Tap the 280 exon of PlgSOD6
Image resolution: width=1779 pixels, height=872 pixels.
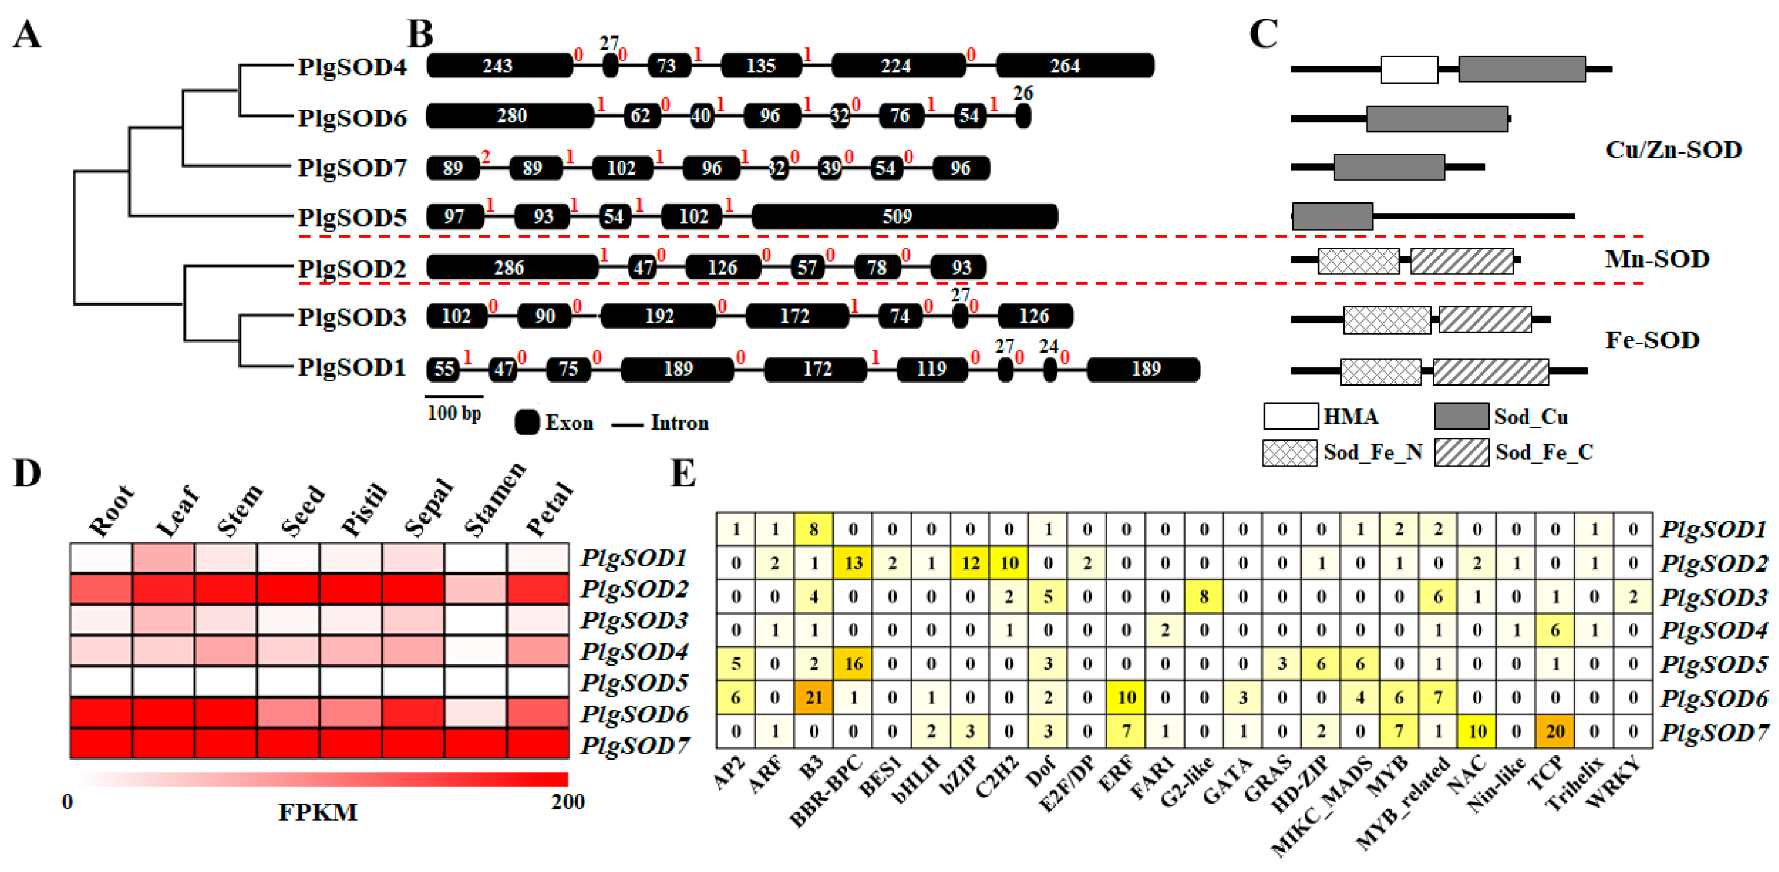coord(510,116)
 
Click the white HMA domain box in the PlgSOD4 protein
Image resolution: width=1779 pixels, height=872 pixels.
coord(1409,70)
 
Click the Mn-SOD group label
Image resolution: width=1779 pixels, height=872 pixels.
coord(1656,260)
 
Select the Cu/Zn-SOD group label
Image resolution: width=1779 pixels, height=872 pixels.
coord(1673,150)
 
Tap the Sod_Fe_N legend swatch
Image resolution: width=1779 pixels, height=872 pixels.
coord(1289,453)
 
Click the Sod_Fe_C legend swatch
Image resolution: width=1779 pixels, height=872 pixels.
coord(1461,453)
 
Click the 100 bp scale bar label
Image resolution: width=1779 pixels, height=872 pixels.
coord(454,413)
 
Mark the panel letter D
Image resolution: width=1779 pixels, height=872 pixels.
coord(28,474)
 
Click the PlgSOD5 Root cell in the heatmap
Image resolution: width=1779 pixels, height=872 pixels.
coord(101,681)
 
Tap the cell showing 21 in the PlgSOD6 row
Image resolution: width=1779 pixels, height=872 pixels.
coord(814,697)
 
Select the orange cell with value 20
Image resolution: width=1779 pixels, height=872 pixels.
coord(1555,731)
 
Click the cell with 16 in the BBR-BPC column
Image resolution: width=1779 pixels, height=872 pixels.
coord(853,663)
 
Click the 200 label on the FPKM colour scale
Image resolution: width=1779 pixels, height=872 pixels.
coord(568,802)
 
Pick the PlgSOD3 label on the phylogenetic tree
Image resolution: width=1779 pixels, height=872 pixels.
coord(352,318)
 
